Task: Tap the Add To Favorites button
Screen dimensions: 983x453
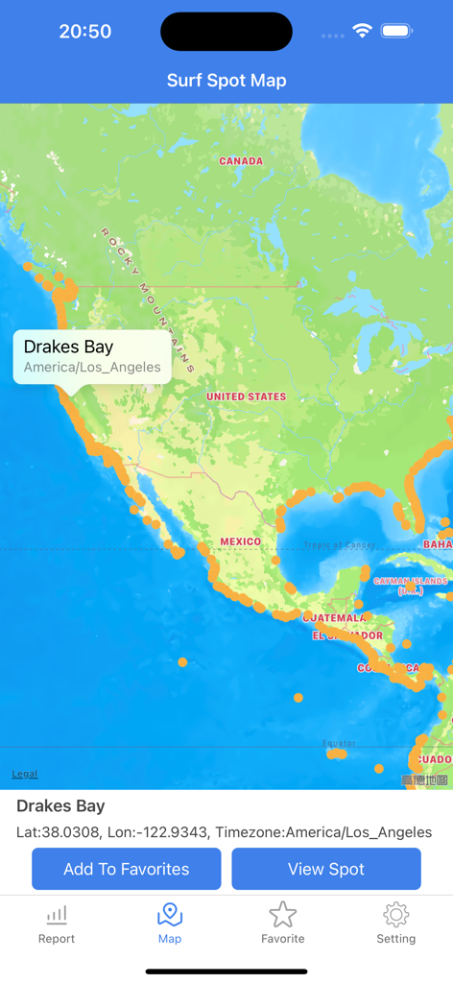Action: [x=127, y=869]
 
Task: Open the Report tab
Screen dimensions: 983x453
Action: [x=57, y=923]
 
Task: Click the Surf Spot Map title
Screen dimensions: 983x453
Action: [x=226, y=81]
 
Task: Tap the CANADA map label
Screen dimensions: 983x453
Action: [x=241, y=161]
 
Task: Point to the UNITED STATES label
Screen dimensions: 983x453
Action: [x=247, y=396]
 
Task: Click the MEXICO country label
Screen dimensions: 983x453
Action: [x=240, y=541]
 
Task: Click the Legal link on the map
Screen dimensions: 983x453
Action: [x=25, y=774]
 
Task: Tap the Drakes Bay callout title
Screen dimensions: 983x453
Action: [x=68, y=348]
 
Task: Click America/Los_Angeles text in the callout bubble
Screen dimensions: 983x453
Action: [x=92, y=368]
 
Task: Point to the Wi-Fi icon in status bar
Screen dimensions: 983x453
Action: [x=362, y=31]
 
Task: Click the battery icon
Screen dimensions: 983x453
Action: [x=396, y=31]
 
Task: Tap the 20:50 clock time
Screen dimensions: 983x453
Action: [x=85, y=32]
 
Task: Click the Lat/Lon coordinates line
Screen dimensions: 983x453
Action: [x=224, y=832]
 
